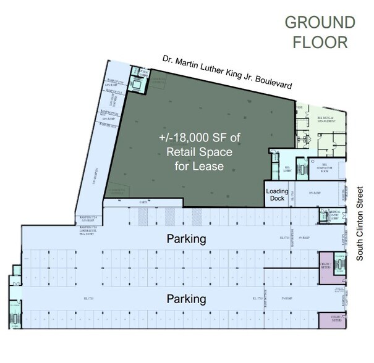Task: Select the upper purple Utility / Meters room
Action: [328, 262]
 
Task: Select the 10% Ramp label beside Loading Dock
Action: [313, 194]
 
